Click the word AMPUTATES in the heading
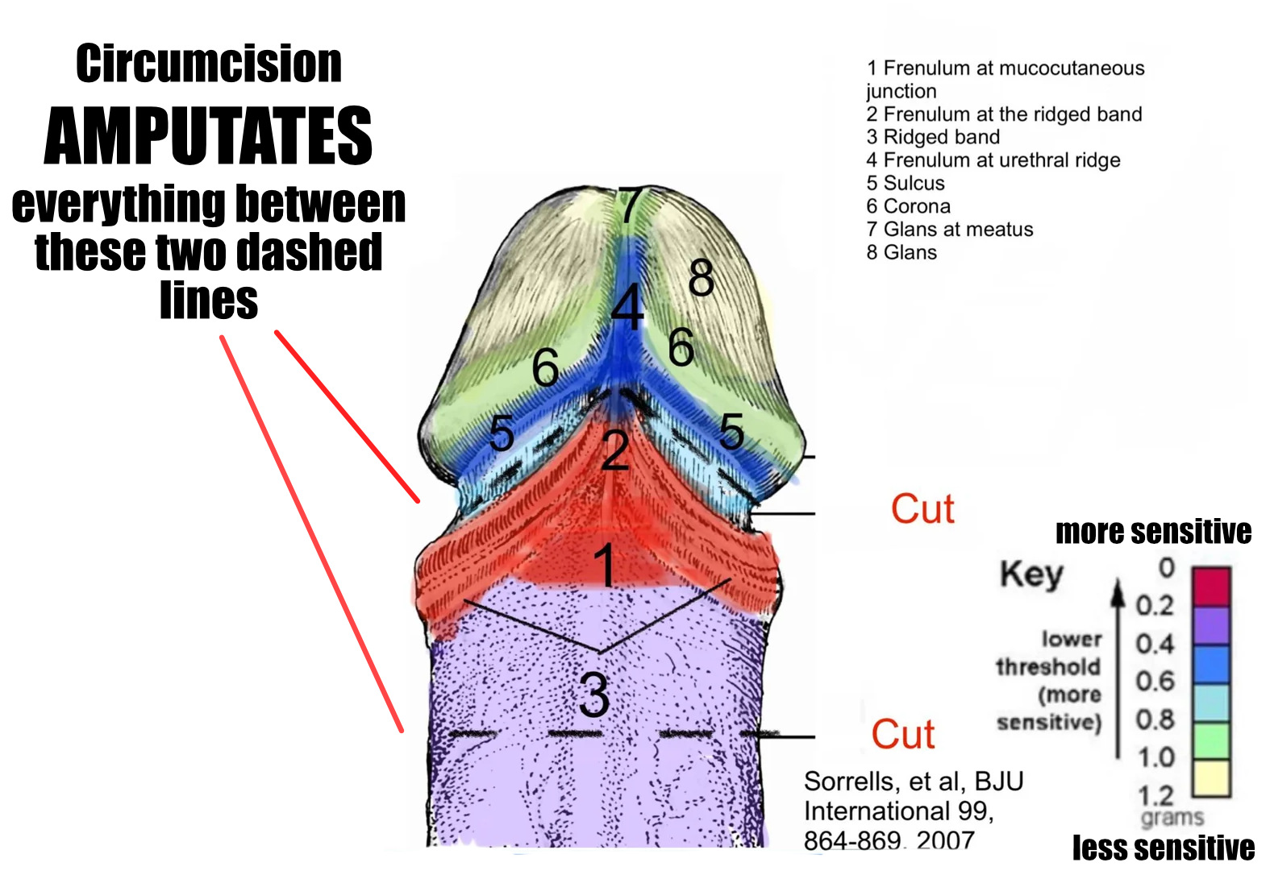coord(208,136)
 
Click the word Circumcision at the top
coord(209,64)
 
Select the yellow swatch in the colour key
coord(1211,778)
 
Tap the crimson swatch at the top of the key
coord(1211,587)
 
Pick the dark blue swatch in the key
coord(1211,664)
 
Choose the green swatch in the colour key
coord(1211,740)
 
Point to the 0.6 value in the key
coord(1155,682)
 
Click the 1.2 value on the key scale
coord(1155,796)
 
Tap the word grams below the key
coord(1172,818)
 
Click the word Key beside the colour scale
coord(1031,574)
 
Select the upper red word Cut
coord(922,509)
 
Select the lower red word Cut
coord(903,734)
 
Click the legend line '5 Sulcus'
coord(906,183)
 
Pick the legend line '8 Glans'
coord(901,252)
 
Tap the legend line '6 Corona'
coord(908,206)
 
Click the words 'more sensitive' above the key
coord(1153,532)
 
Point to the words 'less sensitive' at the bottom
coord(1163,848)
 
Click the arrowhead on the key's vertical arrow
coord(1118,590)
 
